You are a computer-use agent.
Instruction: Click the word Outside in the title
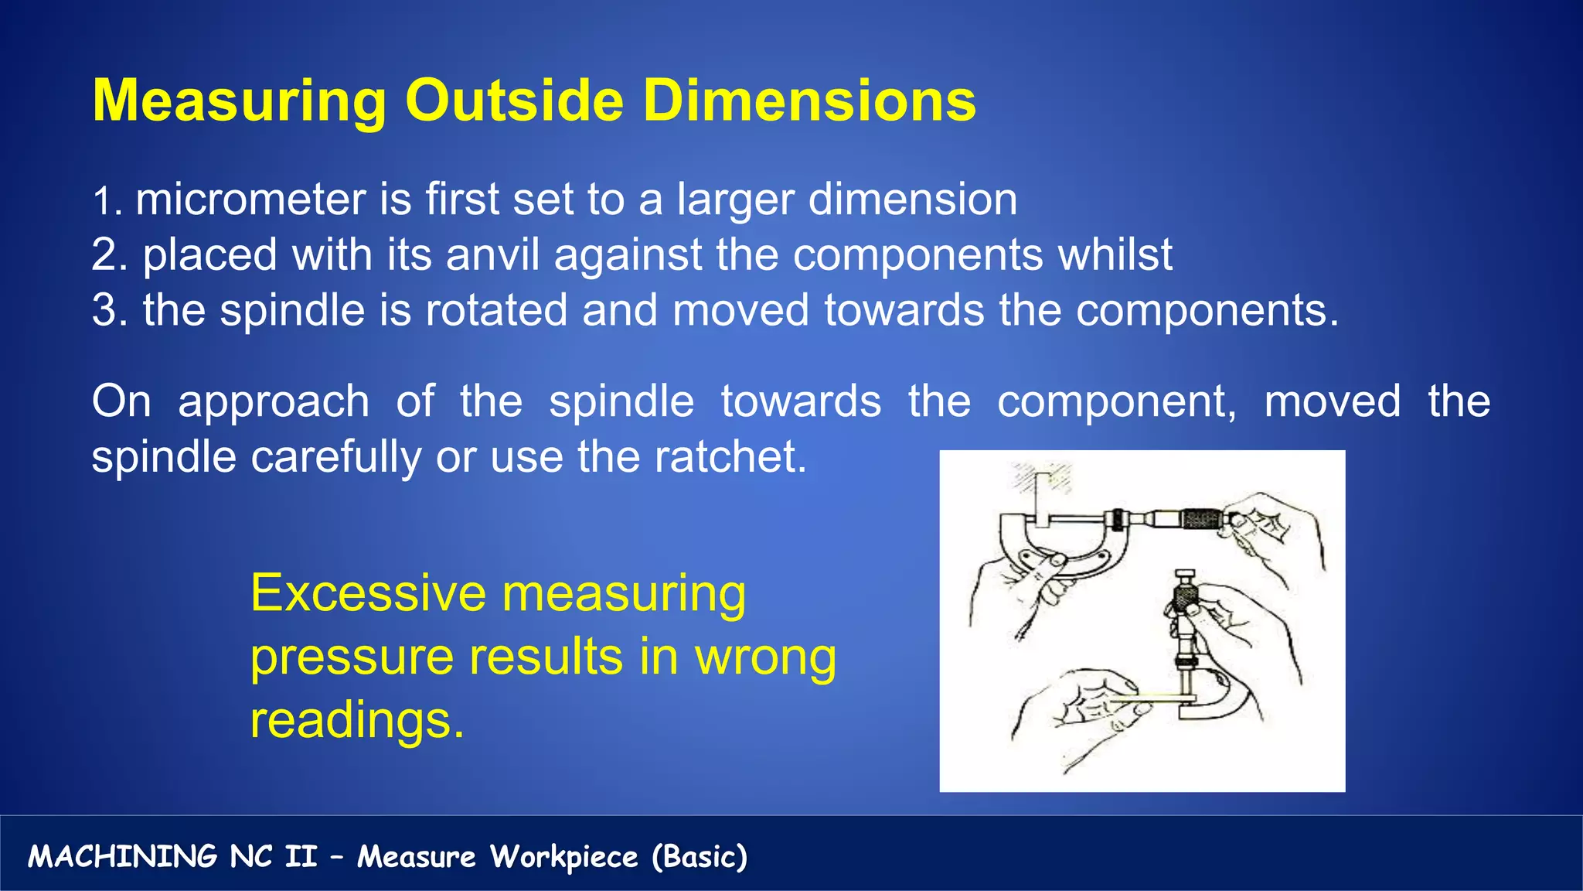(514, 101)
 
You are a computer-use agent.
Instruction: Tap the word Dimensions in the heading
(809, 101)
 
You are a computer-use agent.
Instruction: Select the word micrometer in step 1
(250, 200)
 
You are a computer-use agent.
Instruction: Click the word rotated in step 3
(496, 310)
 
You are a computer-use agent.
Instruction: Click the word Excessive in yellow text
(368, 593)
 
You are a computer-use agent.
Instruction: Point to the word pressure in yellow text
(352, 657)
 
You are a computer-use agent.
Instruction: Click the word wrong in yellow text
(765, 657)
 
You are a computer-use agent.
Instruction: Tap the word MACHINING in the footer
(122, 857)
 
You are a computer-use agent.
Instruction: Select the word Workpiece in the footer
(564, 857)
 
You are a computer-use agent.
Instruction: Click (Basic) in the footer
(700, 857)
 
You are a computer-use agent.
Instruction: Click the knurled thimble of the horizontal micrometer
(1198, 518)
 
